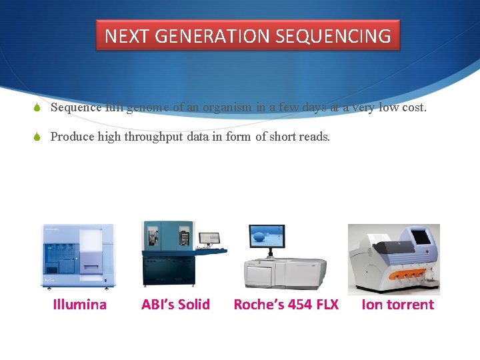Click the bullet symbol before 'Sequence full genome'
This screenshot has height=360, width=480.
[x=38, y=108]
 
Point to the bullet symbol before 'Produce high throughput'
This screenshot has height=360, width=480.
[x=38, y=137]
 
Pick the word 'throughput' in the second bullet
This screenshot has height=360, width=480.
[x=155, y=137]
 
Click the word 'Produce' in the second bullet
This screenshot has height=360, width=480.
[x=72, y=137]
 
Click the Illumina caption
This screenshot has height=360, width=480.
[x=79, y=305]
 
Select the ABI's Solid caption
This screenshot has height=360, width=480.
[x=175, y=305]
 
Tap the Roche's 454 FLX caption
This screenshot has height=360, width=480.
[x=286, y=305]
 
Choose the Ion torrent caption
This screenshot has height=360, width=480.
[x=397, y=305]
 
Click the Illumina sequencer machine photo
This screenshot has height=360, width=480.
[x=79, y=257]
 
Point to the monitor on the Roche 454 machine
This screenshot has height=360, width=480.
[x=266, y=237]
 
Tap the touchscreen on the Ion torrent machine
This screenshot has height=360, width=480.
[x=423, y=237]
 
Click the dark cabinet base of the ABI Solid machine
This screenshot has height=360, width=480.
[x=167, y=270]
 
